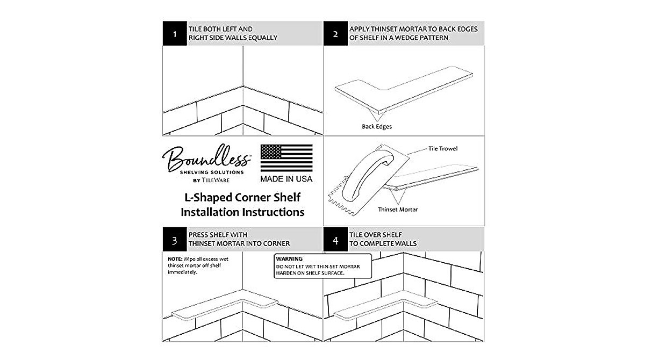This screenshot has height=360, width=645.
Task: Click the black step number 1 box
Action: (x=175, y=33)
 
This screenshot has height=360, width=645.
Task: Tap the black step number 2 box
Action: (x=335, y=33)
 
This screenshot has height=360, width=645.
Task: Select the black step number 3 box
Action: (x=175, y=239)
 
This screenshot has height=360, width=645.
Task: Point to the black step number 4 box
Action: (x=335, y=239)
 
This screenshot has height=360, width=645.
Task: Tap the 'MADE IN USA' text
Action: (x=286, y=179)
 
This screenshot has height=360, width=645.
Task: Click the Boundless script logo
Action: (x=206, y=159)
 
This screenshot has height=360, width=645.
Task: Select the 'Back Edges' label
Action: (x=377, y=127)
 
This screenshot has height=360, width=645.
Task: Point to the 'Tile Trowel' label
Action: (x=443, y=148)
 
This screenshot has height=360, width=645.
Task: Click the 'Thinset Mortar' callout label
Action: (x=398, y=210)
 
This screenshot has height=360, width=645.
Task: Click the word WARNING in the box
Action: (x=289, y=258)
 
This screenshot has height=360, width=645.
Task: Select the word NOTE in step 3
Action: (x=175, y=259)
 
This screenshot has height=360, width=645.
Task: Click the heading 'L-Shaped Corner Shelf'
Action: (x=242, y=197)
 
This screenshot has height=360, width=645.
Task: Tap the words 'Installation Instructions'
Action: (x=242, y=212)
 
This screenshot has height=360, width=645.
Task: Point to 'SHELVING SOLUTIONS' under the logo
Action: (x=212, y=172)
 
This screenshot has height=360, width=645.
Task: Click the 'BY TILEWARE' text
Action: (x=211, y=181)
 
